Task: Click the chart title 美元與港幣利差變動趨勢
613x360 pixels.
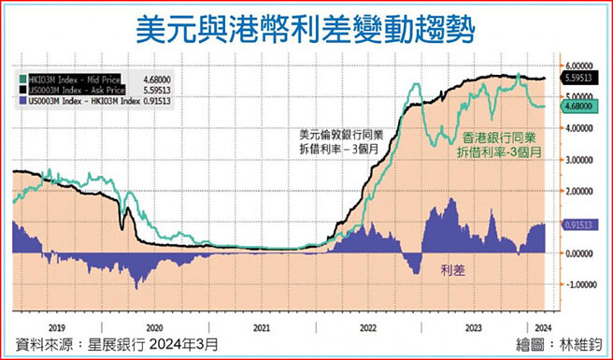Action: click(306, 30)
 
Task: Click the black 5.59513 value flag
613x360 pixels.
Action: click(580, 79)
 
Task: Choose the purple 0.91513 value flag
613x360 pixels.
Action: click(580, 225)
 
